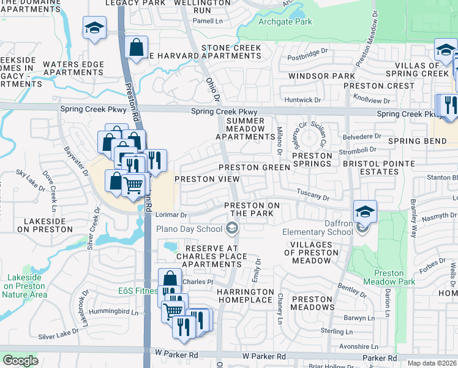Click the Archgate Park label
click(285, 22)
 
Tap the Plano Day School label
click(189, 229)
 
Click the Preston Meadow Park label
click(389, 278)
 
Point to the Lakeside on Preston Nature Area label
click(24, 286)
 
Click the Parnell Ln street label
click(209, 20)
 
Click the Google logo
click(20, 360)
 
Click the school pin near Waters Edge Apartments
click(95, 29)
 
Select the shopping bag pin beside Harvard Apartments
click(137, 47)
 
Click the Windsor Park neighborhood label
click(321, 76)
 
